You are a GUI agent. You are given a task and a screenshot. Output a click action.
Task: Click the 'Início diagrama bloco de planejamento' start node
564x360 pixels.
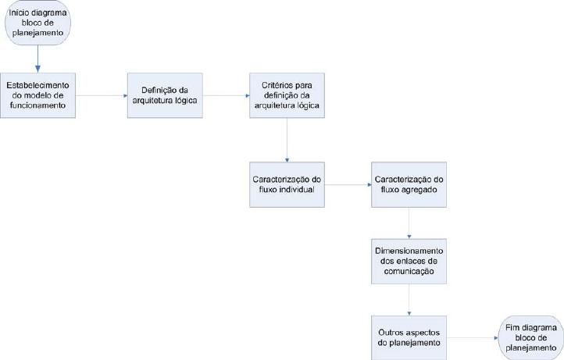[x=37, y=23]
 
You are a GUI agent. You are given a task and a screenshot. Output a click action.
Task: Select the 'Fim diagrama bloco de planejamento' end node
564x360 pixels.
[x=531, y=337]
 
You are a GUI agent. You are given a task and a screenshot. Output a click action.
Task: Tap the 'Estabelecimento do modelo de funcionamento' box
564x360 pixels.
[x=37, y=95]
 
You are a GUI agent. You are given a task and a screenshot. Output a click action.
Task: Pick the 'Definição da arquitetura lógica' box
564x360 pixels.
[x=165, y=95]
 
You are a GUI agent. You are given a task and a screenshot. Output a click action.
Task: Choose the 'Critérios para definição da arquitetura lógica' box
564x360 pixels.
[x=287, y=95]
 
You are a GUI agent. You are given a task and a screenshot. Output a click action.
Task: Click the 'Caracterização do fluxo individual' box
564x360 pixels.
[x=287, y=184]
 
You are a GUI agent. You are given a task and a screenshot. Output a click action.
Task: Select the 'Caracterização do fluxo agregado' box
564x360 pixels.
[x=409, y=184]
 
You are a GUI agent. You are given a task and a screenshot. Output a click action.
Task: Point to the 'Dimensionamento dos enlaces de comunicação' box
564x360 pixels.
[x=409, y=261]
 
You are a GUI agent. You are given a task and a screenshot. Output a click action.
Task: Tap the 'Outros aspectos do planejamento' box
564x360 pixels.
[x=409, y=337]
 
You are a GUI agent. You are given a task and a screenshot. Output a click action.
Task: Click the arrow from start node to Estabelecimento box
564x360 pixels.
[x=37, y=59]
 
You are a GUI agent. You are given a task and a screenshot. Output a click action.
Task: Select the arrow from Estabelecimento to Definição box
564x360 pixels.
[x=102, y=96]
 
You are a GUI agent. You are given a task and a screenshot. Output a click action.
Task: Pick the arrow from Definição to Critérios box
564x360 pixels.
[x=226, y=96]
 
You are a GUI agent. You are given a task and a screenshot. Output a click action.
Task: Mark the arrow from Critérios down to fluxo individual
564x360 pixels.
[x=287, y=140]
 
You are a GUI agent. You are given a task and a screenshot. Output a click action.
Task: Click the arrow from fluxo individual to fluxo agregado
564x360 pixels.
[x=348, y=185]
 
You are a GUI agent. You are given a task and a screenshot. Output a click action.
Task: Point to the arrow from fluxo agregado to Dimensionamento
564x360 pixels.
[x=409, y=223]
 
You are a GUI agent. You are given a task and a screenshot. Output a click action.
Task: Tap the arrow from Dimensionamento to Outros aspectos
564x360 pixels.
[x=409, y=300]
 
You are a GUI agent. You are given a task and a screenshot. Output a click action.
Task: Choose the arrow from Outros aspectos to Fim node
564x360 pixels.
[x=473, y=338]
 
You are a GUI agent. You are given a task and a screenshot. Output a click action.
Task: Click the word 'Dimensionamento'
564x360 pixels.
[x=409, y=251]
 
